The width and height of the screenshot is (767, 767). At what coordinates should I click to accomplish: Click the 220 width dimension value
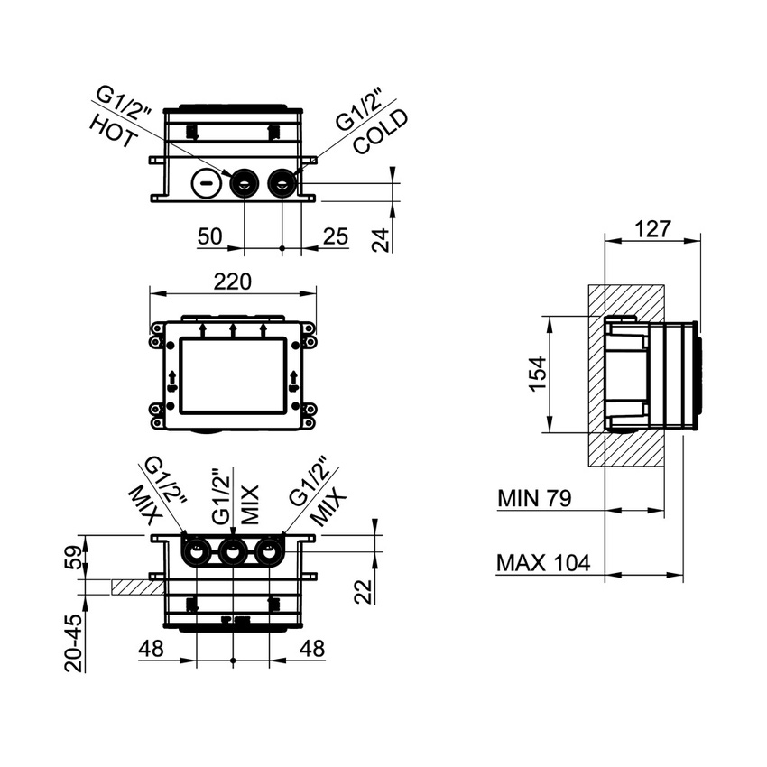(232, 282)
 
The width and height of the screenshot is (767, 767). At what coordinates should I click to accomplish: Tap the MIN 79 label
(534, 498)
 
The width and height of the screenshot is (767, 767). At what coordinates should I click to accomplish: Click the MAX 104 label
(543, 564)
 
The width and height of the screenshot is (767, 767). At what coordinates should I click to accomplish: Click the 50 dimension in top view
(210, 237)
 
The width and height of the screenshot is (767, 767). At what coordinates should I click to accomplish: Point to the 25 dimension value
(335, 237)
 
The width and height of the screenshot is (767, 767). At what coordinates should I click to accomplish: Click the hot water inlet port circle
(245, 185)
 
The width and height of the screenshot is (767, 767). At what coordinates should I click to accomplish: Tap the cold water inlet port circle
(283, 185)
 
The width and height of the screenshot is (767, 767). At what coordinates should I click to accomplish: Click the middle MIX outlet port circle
(233, 550)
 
